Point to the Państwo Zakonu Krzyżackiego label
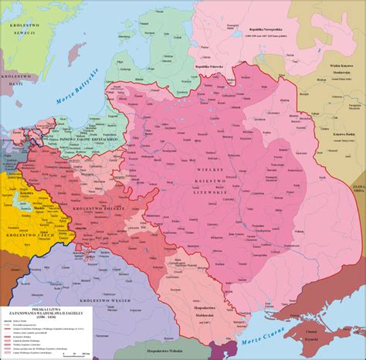coord(86,136)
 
